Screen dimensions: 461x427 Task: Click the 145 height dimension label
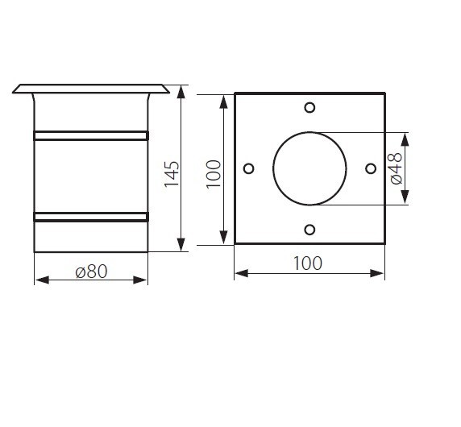[172, 174]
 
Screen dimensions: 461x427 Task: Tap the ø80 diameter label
[91, 272]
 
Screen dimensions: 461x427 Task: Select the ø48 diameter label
[397, 168]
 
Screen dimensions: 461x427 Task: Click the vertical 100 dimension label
[214, 174]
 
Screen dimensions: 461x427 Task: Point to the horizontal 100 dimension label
[308, 263]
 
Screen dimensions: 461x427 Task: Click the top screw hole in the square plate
[309, 108]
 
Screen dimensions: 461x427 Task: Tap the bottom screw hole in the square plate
[309, 230]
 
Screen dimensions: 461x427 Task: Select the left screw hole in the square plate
[249, 168]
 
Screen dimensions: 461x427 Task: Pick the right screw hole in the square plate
[371, 168]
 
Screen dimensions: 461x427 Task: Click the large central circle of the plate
[273, 168]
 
